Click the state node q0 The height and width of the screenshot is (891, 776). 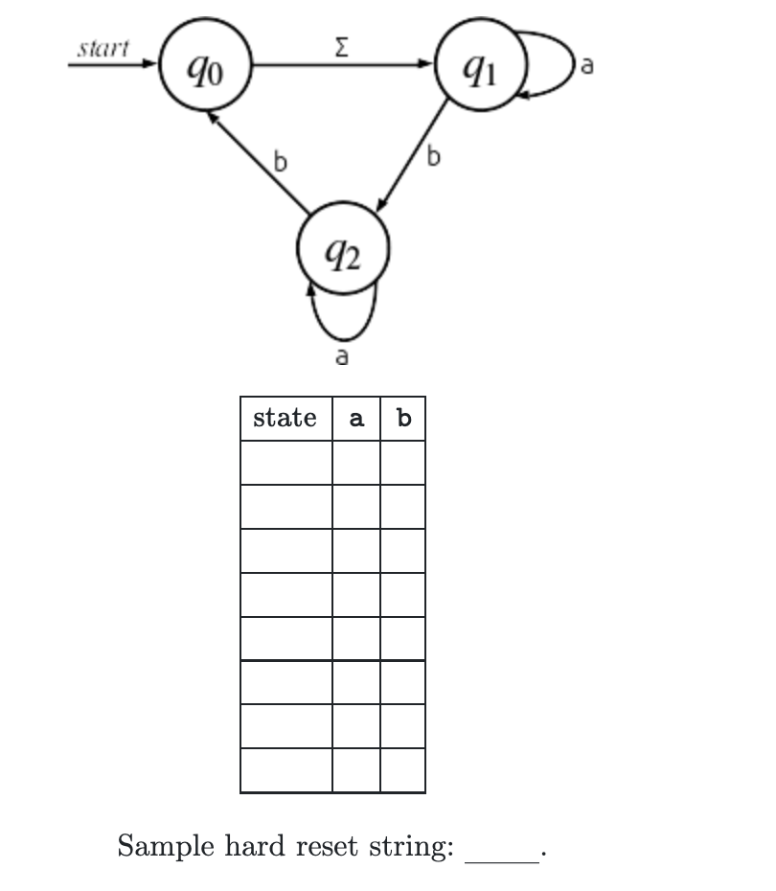point(206,66)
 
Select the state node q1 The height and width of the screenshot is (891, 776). point(480,66)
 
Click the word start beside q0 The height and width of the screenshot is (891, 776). point(103,49)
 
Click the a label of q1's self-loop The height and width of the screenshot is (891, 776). point(587,66)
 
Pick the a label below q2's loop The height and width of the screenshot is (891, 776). point(342,357)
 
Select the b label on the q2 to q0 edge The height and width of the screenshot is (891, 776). point(280,163)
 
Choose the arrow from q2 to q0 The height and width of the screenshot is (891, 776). point(257,161)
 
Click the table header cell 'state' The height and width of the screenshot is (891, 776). point(285,419)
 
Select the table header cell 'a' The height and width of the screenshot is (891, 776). point(356,419)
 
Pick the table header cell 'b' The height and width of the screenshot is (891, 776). point(403,419)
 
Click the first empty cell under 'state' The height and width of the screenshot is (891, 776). point(285,463)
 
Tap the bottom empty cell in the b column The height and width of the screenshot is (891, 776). point(403,771)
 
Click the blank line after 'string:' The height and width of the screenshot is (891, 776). point(502,853)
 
